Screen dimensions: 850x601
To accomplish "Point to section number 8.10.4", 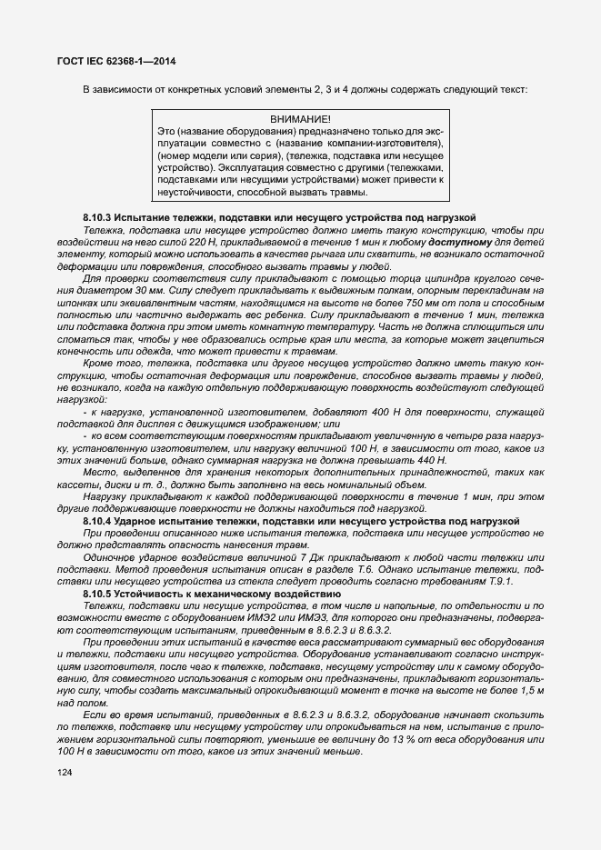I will click(96, 520).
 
